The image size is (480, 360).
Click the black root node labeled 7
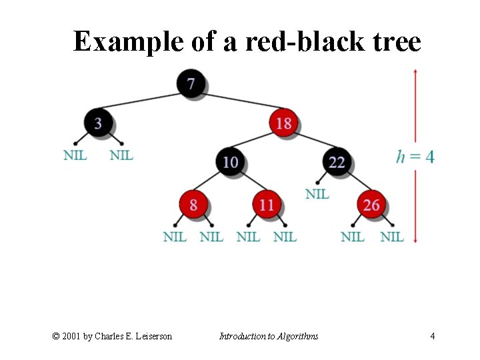point(191,84)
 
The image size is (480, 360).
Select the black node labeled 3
point(99,123)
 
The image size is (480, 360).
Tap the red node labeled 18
point(283,123)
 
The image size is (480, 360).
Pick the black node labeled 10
point(230,162)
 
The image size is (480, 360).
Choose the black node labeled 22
point(337,162)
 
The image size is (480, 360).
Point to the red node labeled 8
point(193,204)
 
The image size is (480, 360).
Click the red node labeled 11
point(267,204)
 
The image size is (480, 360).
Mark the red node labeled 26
point(371,204)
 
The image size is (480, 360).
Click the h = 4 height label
point(415,157)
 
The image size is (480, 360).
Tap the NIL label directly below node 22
point(317,194)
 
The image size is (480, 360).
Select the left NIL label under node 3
point(75,155)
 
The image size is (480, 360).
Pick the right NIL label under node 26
point(391,237)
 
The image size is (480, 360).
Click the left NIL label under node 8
point(175,237)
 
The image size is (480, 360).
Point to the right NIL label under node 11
point(285,237)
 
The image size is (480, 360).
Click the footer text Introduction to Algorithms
point(269,336)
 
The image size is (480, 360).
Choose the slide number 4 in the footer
point(432,336)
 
